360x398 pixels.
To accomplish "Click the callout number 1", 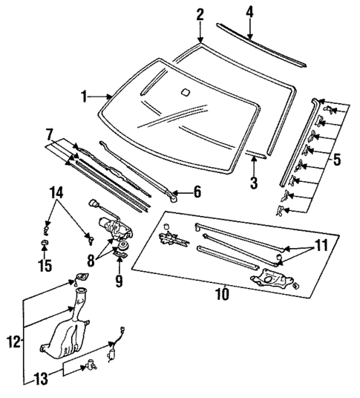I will pos(85,96).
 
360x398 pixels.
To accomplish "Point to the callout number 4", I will pos(249,12).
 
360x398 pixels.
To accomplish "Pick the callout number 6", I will pos(197,192).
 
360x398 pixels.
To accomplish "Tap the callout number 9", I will pos(118,281).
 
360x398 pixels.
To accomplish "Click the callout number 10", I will pos(222,293).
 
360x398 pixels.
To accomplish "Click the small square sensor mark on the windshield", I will pos(184,94).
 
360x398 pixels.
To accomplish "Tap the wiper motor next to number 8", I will pos(108,225).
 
